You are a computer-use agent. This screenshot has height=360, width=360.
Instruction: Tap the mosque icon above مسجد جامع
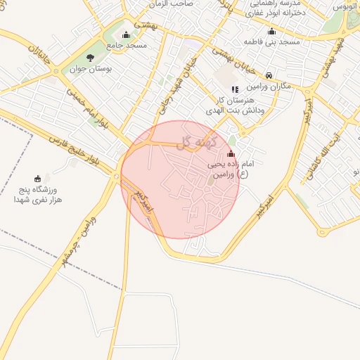point(127,34)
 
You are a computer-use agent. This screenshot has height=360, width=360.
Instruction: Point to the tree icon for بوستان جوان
point(89,58)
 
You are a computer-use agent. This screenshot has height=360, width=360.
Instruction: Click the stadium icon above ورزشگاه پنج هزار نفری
point(38,179)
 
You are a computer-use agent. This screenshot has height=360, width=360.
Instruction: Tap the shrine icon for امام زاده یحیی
point(231,153)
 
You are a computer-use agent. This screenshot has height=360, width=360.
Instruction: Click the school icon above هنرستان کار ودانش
point(235,89)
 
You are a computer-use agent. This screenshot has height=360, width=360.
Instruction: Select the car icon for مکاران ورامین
point(269,75)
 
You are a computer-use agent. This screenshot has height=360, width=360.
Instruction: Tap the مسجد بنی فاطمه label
point(271,42)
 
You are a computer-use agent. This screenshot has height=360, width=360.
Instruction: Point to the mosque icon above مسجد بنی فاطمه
point(272,31)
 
